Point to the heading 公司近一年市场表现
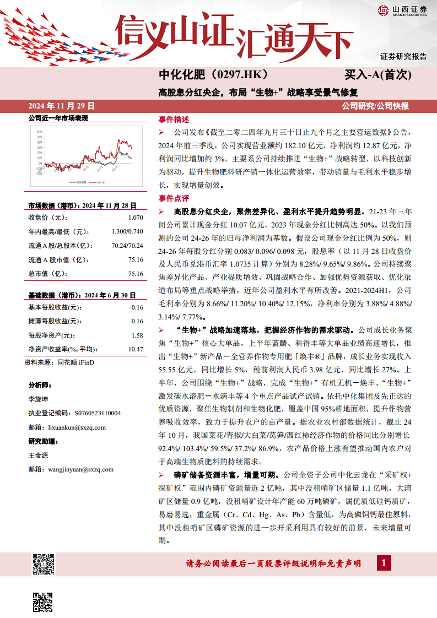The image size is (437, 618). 58,118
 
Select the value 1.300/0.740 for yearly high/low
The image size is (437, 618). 127,231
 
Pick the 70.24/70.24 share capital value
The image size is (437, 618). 127,246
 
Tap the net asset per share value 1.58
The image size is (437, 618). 137,335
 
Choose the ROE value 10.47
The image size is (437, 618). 136,349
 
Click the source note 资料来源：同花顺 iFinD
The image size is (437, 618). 60,362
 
